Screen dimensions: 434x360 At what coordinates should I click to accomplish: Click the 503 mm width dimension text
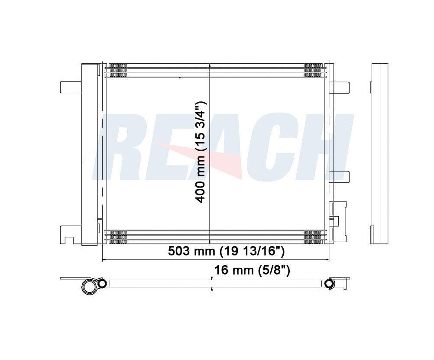click(x=226, y=251)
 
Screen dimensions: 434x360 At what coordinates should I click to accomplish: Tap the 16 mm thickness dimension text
click(x=252, y=270)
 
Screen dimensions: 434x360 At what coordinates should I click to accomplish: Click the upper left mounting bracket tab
click(x=71, y=87)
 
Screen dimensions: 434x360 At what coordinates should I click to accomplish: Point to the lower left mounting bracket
click(x=71, y=234)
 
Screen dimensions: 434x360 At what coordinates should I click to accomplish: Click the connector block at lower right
click(x=338, y=221)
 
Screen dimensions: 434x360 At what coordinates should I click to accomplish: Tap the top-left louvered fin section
click(x=118, y=70)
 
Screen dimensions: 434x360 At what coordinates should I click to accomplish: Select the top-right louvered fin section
click(x=313, y=70)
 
